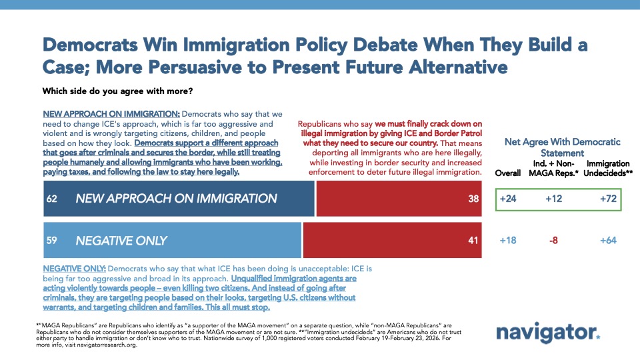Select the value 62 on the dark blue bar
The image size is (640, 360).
52,198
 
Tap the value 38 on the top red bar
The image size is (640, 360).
474,198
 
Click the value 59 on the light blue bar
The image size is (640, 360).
52,240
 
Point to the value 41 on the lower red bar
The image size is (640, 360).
474,240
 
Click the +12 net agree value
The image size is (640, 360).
554,198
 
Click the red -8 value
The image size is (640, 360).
554,240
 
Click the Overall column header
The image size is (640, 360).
508,172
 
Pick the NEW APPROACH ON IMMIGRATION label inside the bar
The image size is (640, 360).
176,198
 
